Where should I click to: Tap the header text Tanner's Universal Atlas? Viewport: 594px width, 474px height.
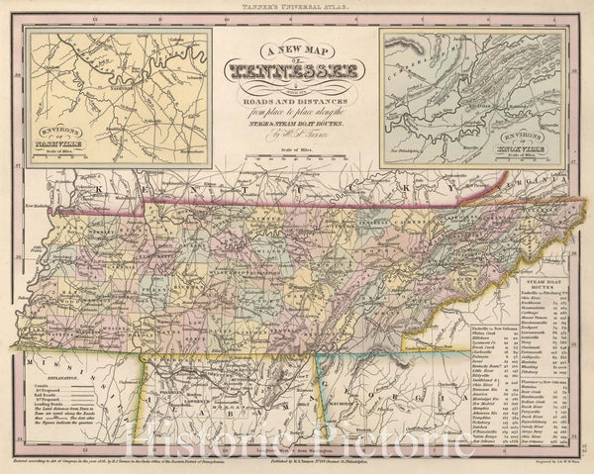(296, 9)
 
